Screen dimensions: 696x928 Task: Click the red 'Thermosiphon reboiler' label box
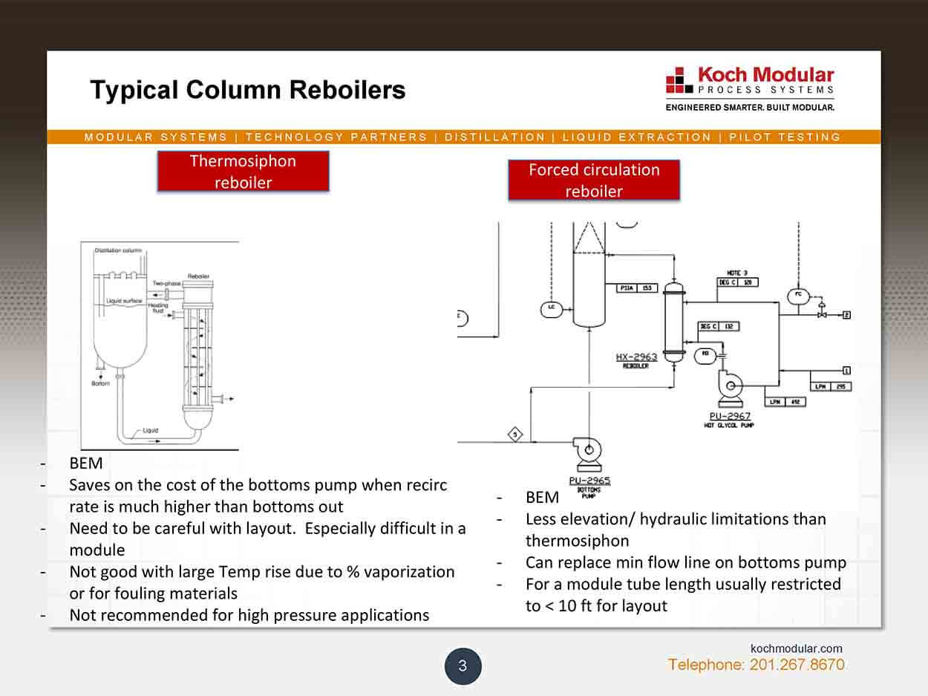[243, 172]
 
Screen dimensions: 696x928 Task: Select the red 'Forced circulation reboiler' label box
[594, 180]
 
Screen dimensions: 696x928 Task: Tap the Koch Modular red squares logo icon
[678, 80]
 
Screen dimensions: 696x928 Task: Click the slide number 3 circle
[463, 666]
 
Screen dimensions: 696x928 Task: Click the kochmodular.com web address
[797, 648]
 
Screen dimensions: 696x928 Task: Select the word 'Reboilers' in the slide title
[347, 91]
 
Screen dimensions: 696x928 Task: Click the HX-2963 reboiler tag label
[636, 357]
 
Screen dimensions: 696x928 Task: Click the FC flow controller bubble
[799, 296]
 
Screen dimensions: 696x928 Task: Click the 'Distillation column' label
[118, 250]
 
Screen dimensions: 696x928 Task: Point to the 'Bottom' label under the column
[100, 383]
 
